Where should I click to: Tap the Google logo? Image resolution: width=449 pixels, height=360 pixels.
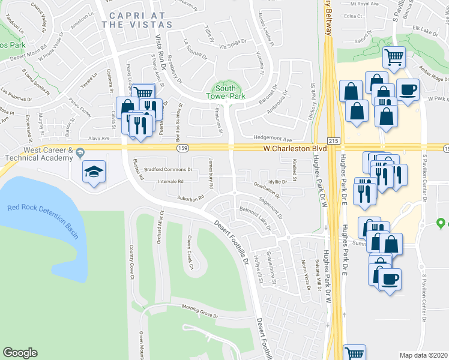pos(20,353)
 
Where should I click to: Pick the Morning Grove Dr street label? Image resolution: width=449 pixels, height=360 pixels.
pos(200,313)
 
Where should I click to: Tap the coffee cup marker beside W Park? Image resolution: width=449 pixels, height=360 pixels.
pos(408,90)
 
